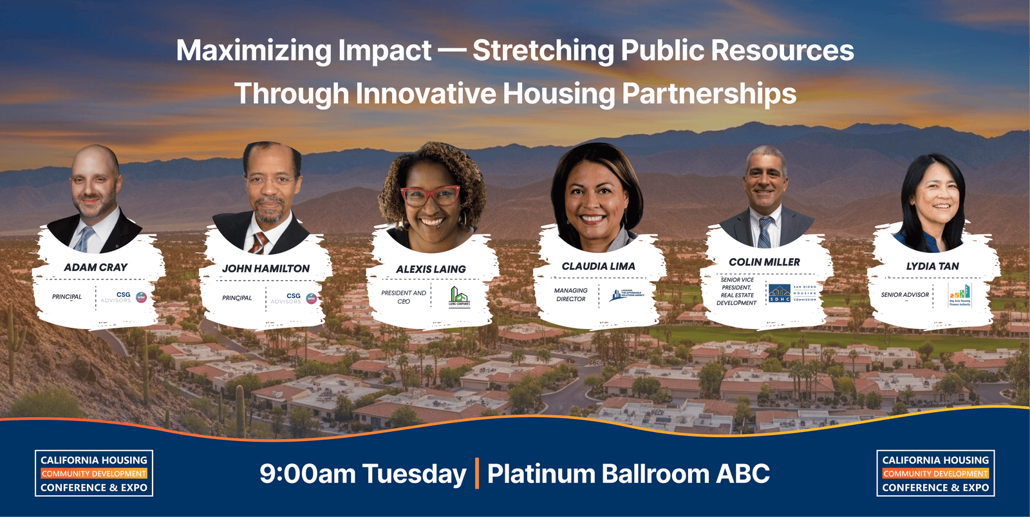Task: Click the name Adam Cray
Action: click(95, 267)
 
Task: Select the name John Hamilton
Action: click(265, 268)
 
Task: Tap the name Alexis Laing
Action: click(431, 269)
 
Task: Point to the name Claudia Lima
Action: click(598, 266)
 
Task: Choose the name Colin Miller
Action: click(764, 262)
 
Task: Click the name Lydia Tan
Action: click(932, 266)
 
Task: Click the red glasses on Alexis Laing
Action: click(430, 195)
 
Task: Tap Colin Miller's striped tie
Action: click(764, 233)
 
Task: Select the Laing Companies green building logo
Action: click(459, 296)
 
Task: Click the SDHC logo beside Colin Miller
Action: click(780, 294)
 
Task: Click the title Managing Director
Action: click(571, 295)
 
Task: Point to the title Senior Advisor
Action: click(904, 295)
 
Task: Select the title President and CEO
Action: click(404, 297)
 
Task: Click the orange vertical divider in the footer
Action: click(477, 473)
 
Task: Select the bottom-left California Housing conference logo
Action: click(94, 473)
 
